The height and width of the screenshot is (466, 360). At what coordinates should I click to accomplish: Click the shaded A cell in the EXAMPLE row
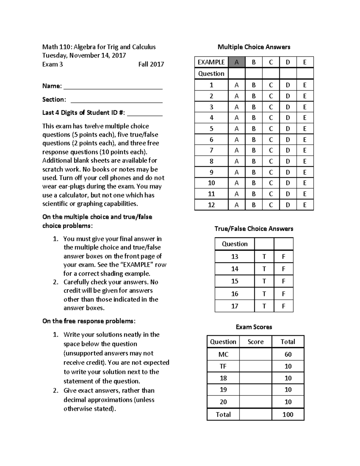pos(237,62)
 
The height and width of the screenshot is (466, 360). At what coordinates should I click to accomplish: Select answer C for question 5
pos(271,129)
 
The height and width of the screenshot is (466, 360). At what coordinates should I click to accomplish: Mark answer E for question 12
pos(305,205)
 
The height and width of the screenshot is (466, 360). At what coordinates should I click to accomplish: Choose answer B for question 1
pos(254,85)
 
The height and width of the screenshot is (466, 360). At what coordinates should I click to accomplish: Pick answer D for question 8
pos(288,161)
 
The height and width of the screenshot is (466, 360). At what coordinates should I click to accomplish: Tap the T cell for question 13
pos(264,257)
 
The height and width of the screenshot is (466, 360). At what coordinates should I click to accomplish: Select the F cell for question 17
pos(283,306)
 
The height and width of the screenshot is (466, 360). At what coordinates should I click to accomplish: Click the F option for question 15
pos(283,281)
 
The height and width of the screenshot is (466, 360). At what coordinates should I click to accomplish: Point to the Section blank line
pos(116,100)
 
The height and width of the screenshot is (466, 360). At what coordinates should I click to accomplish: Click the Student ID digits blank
pos(145,113)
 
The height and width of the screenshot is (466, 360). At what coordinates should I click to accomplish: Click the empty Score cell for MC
pos(256,354)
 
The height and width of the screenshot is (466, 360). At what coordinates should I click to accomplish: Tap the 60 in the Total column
pos(288,354)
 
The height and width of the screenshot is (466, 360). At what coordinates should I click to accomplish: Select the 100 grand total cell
pos(288,414)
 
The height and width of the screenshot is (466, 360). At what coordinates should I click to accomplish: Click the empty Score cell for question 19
pos(256,390)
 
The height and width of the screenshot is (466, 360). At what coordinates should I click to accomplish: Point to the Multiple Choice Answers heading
pos(254,47)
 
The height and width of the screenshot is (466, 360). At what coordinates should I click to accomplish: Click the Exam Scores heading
pos(254,327)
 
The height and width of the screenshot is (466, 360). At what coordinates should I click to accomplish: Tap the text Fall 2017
pos(151,64)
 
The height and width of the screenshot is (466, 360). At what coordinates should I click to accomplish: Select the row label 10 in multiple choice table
pos(211,183)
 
